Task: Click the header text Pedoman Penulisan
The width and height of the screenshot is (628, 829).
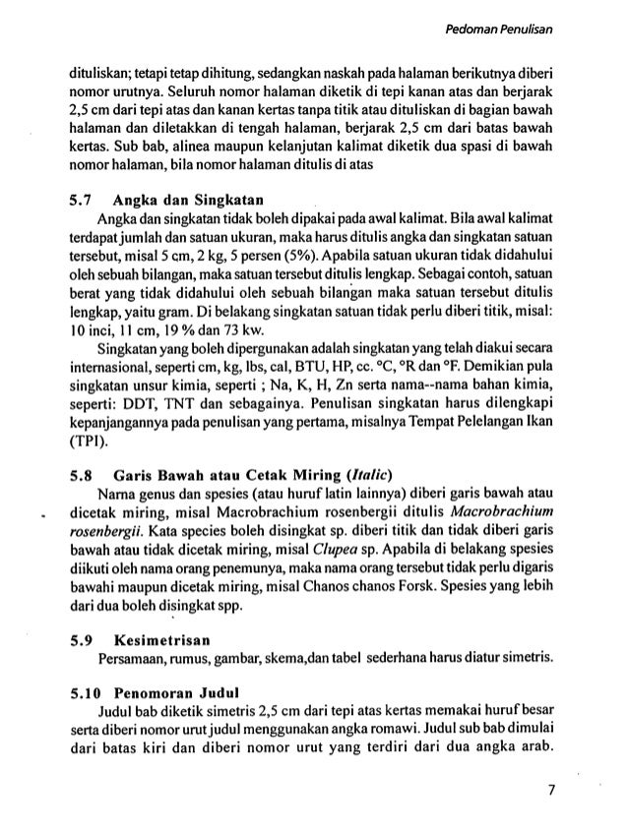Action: click(x=503, y=30)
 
